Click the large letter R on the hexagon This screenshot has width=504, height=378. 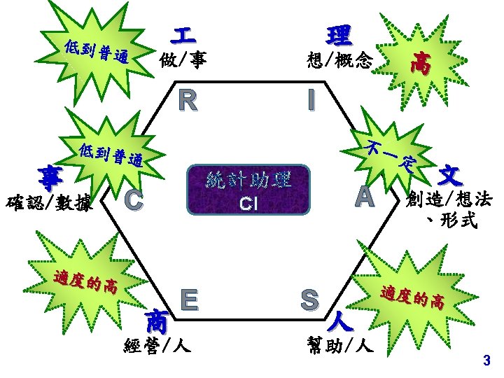187,101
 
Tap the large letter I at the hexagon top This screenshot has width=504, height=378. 310,101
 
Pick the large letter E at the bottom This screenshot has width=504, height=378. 187,299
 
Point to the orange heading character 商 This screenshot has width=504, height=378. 157,322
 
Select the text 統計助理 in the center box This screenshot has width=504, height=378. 248,181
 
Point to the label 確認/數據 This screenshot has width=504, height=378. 50,204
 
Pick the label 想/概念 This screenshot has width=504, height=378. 339,61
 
